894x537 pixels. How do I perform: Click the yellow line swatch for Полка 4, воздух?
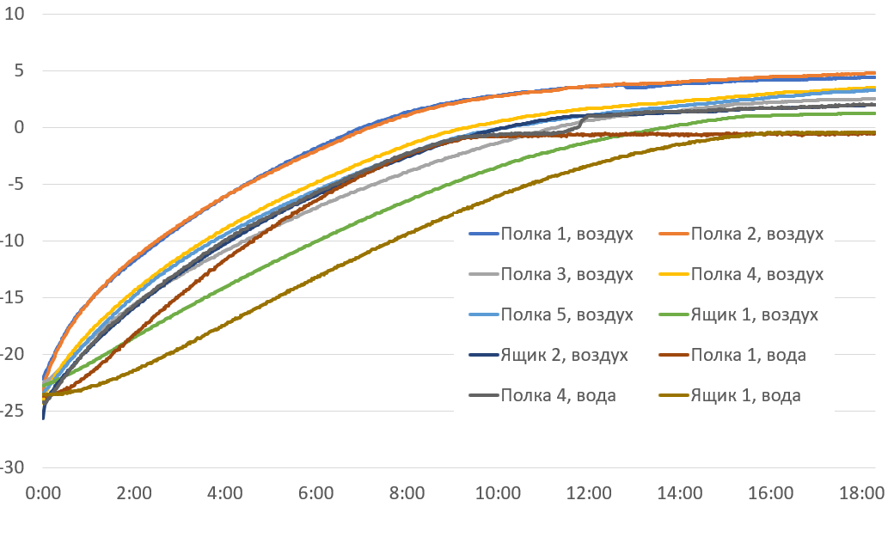tap(672, 274)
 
